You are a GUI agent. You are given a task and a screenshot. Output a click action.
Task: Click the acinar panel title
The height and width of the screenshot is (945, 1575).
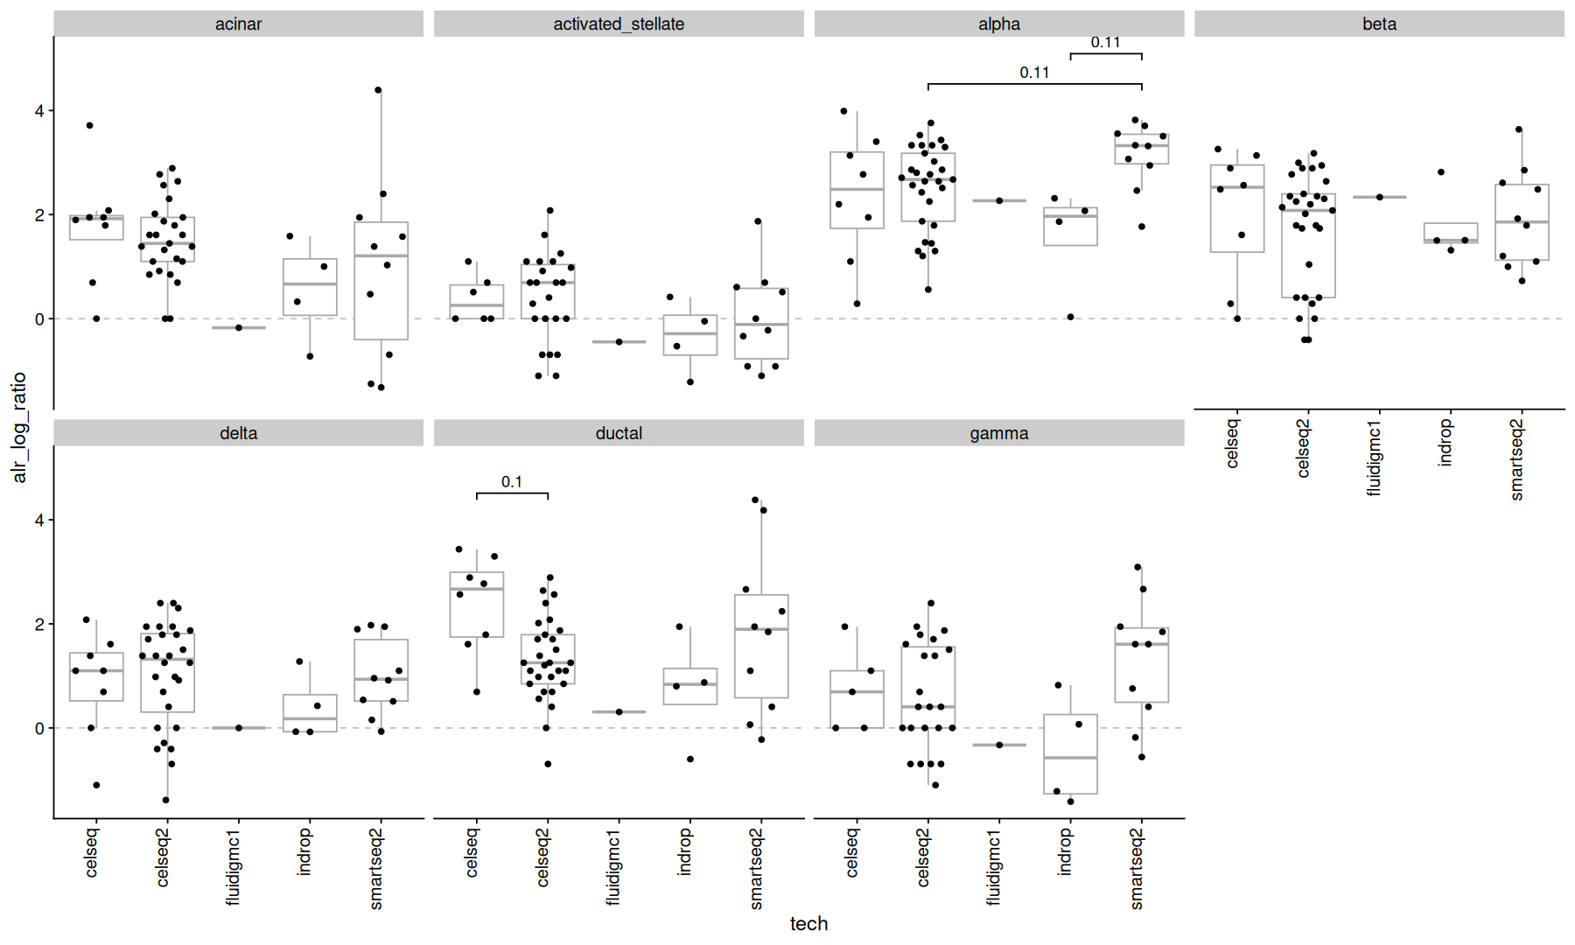coord(238,24)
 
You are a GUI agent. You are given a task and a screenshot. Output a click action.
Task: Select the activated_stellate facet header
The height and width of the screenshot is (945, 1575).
coord(619,24)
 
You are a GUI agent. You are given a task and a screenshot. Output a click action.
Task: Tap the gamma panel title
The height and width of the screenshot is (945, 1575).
coord(998,433)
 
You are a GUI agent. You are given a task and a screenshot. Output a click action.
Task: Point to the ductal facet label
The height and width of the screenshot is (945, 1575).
coord(619,433)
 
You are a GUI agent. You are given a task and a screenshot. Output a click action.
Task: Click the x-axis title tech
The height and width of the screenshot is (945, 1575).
coord(808,923)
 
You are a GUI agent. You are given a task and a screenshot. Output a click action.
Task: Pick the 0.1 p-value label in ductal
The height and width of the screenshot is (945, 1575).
coord(512,482)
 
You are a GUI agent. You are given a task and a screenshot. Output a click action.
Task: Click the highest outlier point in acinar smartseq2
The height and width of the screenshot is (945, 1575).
coord(378,90)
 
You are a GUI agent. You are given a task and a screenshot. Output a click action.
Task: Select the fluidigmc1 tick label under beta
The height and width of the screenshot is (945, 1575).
coord(1374,458)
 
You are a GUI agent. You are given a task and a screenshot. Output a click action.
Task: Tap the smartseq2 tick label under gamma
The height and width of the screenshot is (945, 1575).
coord(1137,869)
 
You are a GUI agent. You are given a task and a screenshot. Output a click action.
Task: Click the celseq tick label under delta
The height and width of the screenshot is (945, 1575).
coord(92,853)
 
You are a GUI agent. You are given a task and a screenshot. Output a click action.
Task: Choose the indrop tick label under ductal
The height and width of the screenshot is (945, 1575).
coord(685,851)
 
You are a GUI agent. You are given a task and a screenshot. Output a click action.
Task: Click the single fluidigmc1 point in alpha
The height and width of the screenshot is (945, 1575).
coord(999,200)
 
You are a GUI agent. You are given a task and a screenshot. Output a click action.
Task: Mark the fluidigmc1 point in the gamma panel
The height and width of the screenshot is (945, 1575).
coord(999,745)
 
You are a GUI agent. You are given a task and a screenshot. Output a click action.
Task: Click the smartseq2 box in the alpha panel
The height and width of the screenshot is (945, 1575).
coord(1141,150)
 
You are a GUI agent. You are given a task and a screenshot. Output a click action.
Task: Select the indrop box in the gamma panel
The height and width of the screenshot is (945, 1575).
coord(1070,754)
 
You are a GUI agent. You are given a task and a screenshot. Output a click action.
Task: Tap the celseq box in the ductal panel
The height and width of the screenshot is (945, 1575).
coord(477,605)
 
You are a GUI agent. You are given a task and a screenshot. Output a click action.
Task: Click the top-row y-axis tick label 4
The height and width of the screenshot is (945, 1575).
coord(39,111)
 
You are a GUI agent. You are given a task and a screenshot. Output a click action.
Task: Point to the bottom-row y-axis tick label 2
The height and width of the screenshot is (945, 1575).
coord(39,624)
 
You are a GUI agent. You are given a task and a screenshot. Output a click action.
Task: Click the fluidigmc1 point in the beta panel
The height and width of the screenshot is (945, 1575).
coord(1380,197)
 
